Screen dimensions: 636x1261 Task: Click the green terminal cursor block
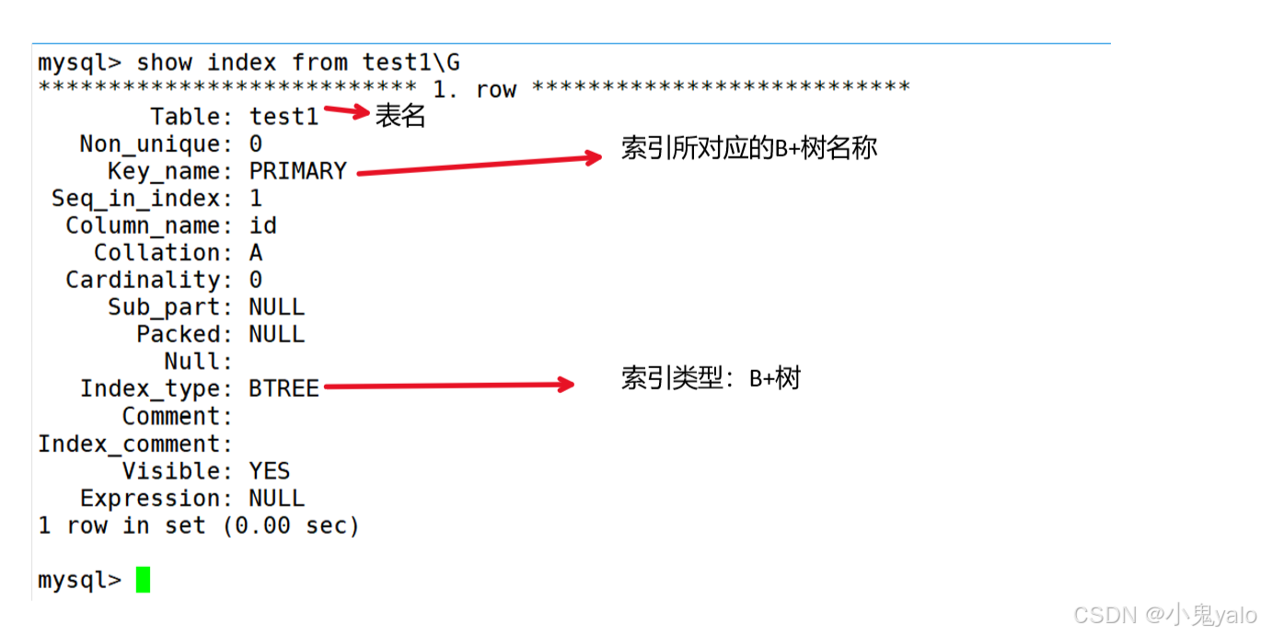[x=143, y=580]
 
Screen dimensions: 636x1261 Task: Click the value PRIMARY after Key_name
[x=297, y=171]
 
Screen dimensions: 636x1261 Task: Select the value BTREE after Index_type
[x=283, y=388]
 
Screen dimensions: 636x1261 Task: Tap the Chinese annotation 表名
[x=400, y=117]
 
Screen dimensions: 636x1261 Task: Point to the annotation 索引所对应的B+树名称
[x=749, y=148]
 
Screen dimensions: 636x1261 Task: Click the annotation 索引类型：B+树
[x=711, y=377]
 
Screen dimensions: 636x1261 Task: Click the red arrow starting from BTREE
[x=449, y=386]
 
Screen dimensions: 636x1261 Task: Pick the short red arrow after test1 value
[x=347, y=112]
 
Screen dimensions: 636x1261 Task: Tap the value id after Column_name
[x=262, y=225]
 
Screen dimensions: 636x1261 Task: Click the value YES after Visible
[x=270, y=471]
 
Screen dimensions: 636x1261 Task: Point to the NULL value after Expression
[x=276, y=499]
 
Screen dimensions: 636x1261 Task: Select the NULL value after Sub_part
[x=276, y=307]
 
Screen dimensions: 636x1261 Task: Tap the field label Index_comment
[x=134, y=445]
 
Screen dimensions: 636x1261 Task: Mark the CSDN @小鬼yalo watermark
[x=1164, y=614]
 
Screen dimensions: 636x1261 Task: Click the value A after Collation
[x=256, y=253]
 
